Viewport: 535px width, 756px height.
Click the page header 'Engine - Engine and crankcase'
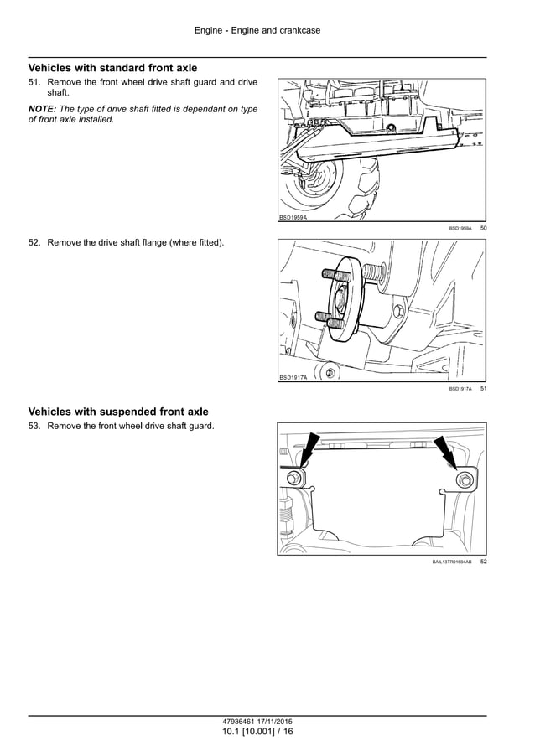257,31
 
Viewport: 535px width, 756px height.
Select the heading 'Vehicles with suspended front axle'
118,412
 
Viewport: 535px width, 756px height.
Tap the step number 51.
34,82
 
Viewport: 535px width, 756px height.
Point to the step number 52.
34,243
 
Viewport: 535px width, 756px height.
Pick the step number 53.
34,427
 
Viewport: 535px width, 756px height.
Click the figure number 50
483,228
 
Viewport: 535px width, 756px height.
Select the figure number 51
483,389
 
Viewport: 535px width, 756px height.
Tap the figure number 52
483,562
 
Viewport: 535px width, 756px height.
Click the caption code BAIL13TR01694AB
452,562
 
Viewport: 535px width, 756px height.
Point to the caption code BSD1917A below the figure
460,389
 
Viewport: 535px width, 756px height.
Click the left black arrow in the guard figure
309,448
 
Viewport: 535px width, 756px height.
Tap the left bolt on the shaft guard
295,479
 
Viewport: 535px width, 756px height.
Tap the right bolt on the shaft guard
464,479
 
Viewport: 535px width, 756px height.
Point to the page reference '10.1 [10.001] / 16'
257,732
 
